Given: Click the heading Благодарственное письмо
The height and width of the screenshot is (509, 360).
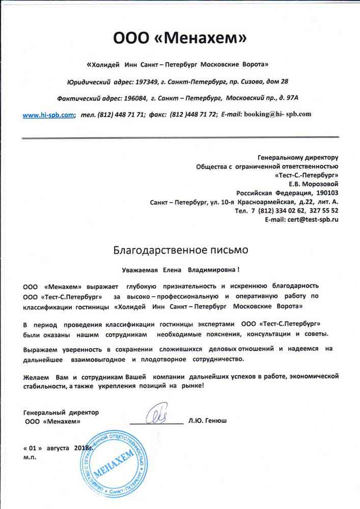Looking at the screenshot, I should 180,250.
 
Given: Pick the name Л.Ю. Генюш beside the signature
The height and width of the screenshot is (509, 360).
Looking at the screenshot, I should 207,421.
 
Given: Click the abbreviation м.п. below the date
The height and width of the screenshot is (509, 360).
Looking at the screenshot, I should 30,457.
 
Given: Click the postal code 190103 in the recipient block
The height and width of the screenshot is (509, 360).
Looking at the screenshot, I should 327,192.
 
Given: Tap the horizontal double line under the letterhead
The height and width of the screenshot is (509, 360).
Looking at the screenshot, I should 180,137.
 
